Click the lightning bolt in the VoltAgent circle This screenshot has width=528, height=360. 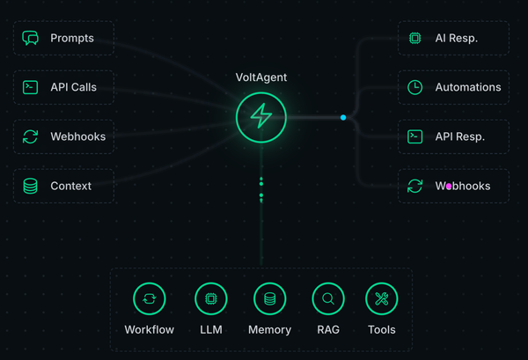261,116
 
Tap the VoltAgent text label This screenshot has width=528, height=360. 261,77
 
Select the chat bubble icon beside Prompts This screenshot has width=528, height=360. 31,38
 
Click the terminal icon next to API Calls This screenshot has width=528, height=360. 31,87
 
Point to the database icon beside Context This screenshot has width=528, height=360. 31,186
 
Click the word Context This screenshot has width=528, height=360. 70,186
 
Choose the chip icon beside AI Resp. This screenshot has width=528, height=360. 415,38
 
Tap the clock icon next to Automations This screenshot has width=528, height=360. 415,87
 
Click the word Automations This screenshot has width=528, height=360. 467,87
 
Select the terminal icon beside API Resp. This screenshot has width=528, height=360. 415,136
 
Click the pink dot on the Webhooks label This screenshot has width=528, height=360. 449,186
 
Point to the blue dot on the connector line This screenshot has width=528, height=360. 343,117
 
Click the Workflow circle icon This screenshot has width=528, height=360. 149,299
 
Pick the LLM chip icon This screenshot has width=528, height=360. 210,299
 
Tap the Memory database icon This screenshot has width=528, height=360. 269,299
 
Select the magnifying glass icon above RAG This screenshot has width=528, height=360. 327,299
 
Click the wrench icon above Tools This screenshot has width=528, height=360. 381,299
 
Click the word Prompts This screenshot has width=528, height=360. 71,38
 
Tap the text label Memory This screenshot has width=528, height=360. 269,330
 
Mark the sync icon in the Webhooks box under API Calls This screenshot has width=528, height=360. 31,136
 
